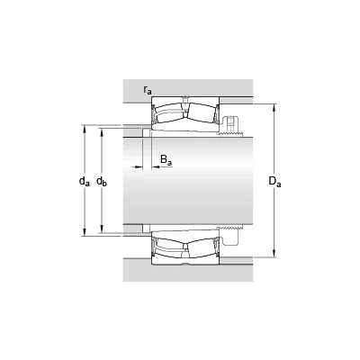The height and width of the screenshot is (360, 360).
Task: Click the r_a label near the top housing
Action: pos(148,90)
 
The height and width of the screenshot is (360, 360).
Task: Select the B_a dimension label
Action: pos(166,160)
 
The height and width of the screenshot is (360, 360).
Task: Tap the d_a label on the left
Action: pos(85,181)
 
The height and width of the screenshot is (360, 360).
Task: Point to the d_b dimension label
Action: pos(102,181)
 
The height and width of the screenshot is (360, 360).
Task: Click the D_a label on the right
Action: pos(274,182)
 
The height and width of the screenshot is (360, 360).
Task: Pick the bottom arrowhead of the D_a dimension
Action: pos(274,254)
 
